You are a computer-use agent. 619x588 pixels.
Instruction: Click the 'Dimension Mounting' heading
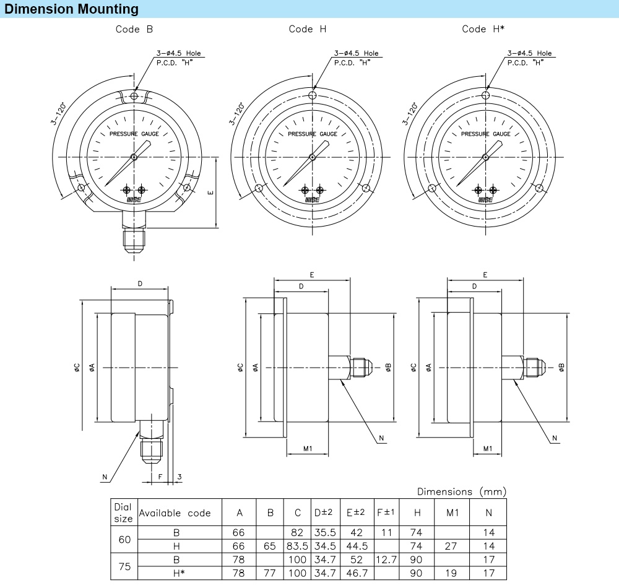click(72, 9)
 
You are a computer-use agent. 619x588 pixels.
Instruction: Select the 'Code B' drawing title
click(134, 29)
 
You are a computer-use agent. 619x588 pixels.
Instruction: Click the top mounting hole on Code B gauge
click(134, 96)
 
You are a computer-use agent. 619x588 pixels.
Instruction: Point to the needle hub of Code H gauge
click(313, 157)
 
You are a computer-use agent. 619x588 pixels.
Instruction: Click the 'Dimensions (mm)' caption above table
click(461, 491)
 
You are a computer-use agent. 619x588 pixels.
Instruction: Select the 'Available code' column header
click(175, 513)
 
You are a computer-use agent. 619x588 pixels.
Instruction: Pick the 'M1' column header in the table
click(452, 513)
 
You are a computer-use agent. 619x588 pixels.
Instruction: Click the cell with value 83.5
click(298, 546)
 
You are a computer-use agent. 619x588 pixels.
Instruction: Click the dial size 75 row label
click(124, 566)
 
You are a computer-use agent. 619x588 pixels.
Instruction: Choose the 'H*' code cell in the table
click(176, 573)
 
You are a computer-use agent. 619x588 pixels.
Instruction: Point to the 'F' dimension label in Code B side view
click(160, 477)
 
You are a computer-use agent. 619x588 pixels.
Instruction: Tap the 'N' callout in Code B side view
click(105, 477)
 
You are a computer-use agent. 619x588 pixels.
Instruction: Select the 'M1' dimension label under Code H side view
click(307, 448)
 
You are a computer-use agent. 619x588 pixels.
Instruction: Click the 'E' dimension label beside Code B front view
click(210, 193)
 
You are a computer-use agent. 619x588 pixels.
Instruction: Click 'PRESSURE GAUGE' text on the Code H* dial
click(486, 134)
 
